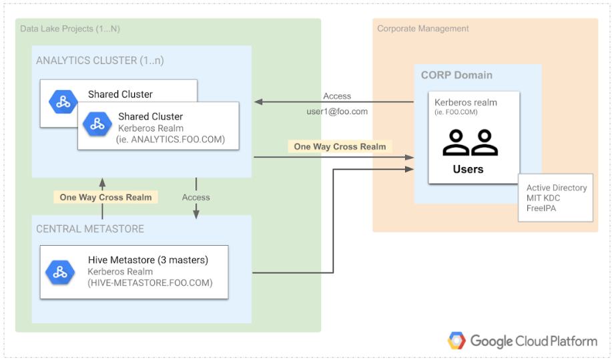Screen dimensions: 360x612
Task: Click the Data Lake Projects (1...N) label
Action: coord(70,29)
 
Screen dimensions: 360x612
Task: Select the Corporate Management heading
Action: coord(422,29)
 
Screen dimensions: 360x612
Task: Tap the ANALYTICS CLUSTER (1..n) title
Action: coord(99,61)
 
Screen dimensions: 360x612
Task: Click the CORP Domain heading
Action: coord(456,75)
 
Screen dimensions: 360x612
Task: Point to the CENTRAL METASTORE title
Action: coord(90,229)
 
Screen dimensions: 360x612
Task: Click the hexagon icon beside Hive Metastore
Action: coord(60,272)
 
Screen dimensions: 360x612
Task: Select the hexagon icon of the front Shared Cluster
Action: coord(97,125)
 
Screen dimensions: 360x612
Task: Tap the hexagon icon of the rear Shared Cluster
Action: coord(63,102)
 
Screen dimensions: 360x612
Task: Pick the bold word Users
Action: coord(468,169)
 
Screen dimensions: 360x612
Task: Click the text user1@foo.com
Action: coord(337,112)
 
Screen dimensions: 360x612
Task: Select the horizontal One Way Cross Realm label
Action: coord(340,146)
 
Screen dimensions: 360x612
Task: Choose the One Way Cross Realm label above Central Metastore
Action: coord(105,197)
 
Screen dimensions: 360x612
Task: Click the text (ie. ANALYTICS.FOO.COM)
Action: coord(171,140)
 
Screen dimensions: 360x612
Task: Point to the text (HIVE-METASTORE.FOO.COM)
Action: coord(150,283)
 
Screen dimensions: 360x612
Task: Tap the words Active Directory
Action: coord(557,188)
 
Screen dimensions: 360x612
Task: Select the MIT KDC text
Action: coord(544,198)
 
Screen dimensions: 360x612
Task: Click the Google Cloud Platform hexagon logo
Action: coord(456,341)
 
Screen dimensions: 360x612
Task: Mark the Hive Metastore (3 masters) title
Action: coord(148,260)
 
